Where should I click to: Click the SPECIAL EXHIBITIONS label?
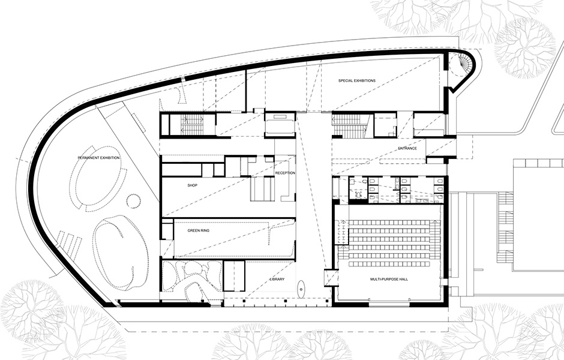pos(357,80)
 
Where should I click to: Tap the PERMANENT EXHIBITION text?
pos(99,158)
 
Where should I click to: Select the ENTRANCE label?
pos(407,148)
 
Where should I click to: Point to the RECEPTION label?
pos(285,173)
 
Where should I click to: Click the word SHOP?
pos(193,185)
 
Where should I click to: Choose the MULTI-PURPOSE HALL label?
pos(389,279)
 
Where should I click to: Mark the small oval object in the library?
pos(301,289)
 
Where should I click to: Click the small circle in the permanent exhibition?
pos(134,200)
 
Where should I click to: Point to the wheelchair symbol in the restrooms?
pos(358,193)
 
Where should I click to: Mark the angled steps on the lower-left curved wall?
pos(68,245)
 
